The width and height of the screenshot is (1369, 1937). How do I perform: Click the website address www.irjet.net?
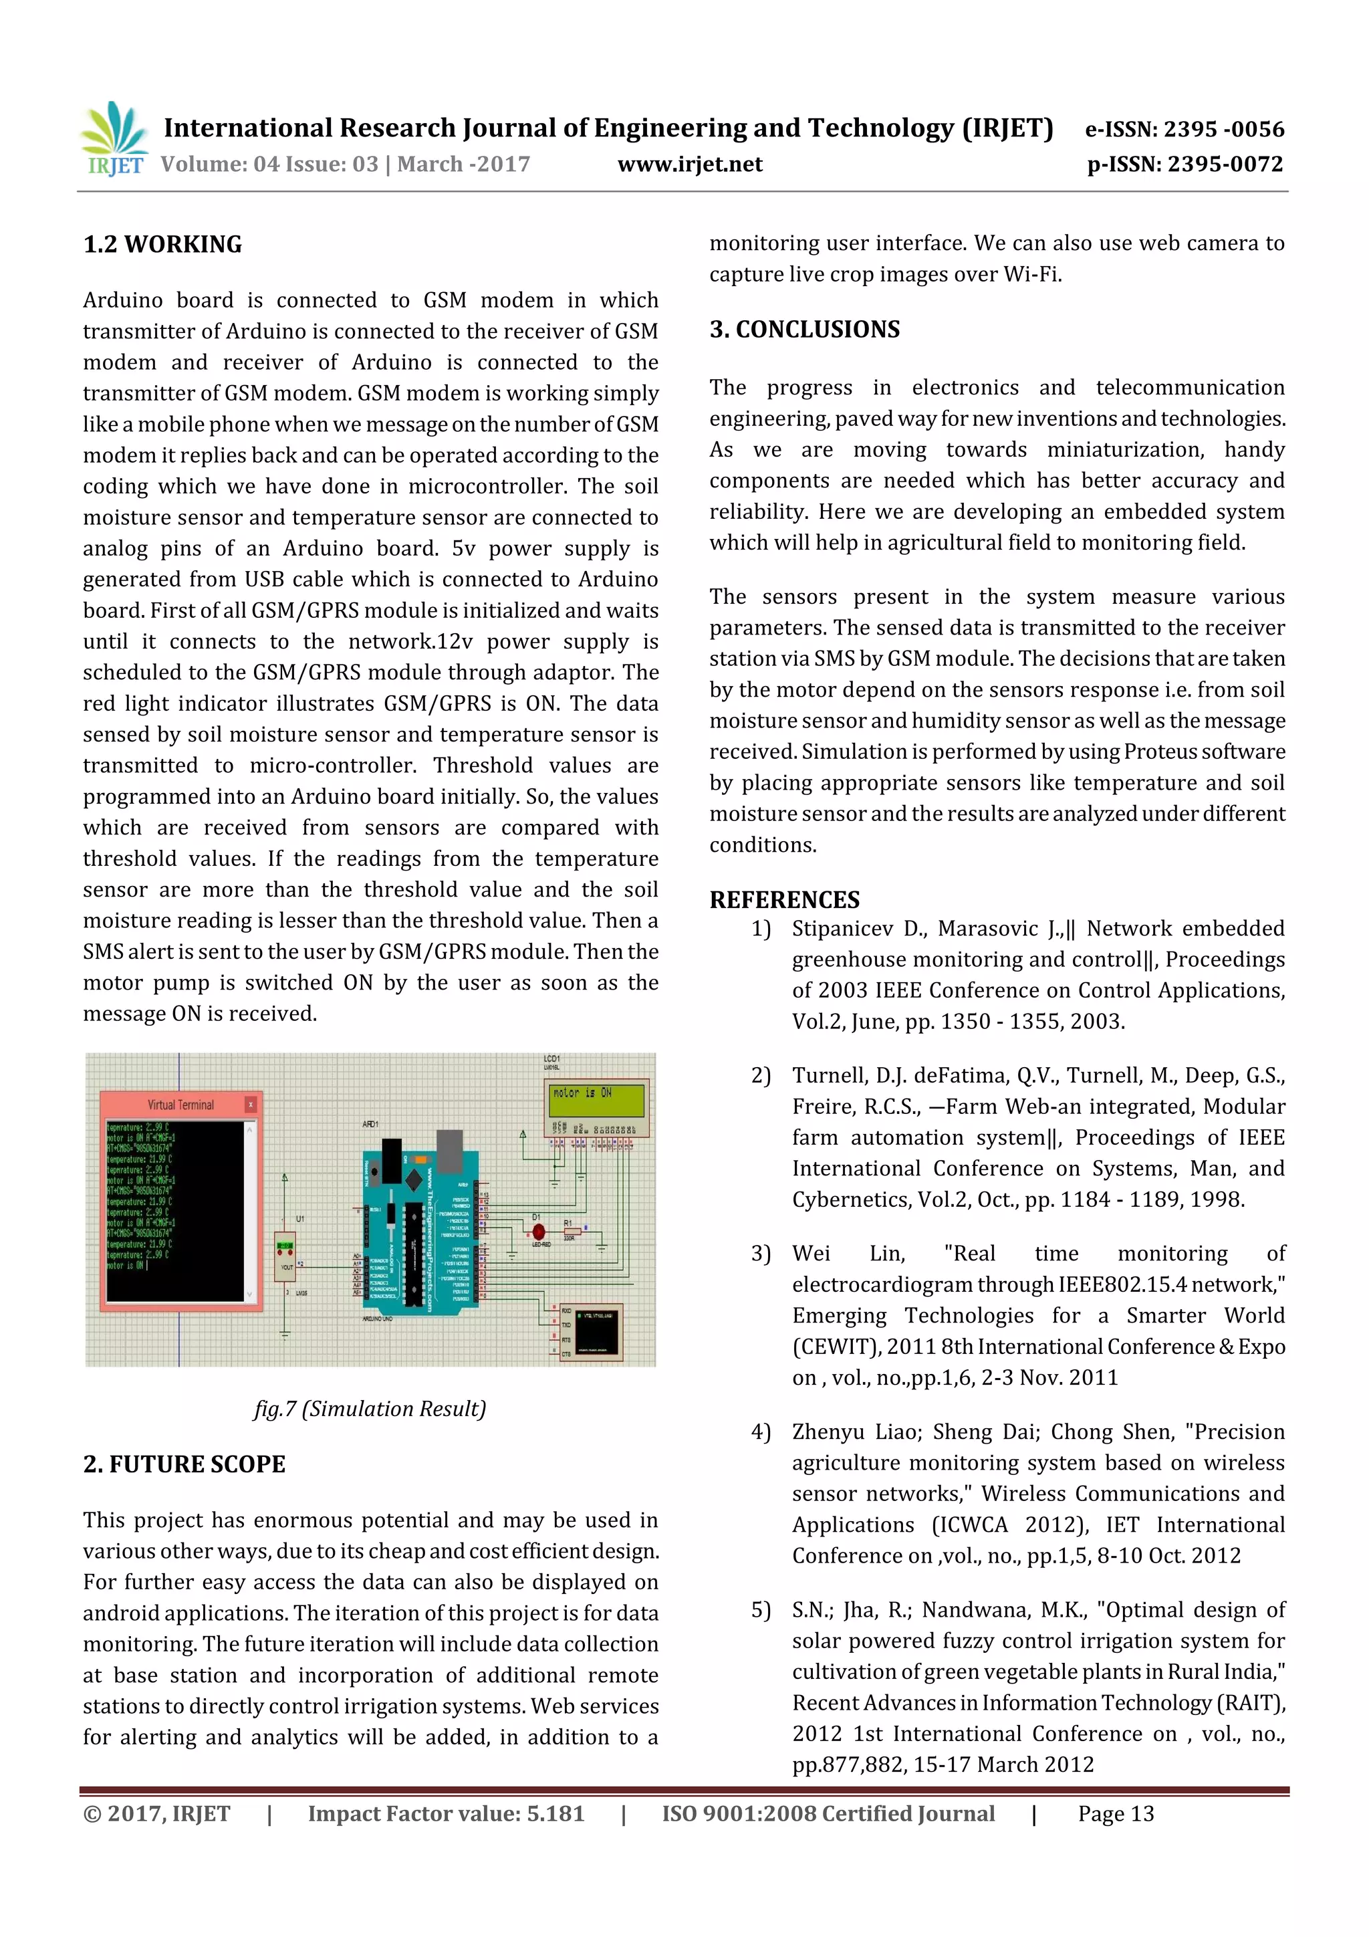tap(689, 164)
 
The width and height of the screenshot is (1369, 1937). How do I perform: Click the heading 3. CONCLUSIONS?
tap(805, 330)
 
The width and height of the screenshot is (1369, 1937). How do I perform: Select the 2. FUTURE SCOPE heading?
tap(184, 1464)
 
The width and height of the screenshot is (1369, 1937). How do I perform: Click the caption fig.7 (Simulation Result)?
tap(370, 1408)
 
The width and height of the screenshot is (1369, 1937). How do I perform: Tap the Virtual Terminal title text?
tap(180, 1105)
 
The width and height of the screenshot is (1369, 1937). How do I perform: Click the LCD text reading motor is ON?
tap(582, 1093)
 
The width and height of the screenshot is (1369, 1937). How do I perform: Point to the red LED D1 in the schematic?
tap(538, 1232)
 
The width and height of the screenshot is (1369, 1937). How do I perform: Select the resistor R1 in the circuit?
tap(570, 1232)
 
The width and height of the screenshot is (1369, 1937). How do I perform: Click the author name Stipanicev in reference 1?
tap(841, 929)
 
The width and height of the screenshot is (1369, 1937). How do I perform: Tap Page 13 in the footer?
tap(1115, 1813)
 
